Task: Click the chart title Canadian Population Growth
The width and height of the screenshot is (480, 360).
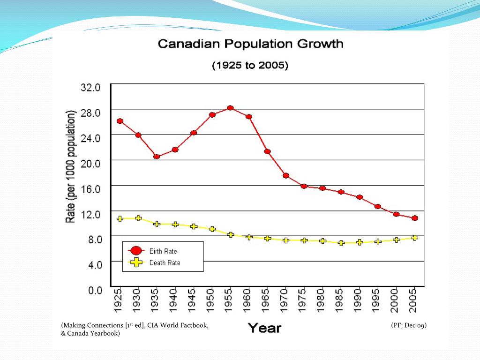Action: pos(250,45)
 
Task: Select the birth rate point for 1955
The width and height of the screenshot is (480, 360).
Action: pos(230,108)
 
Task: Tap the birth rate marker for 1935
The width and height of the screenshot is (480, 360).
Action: pos(157,157)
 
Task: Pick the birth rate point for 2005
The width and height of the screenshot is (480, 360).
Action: pos(414,218)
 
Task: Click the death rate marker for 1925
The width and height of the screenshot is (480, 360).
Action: pos(120,218)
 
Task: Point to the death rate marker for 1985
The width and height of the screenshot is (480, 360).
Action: pos(341,243)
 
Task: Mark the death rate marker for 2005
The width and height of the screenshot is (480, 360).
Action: pos(414,238)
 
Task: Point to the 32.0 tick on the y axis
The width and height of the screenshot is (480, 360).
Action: pos(91,87)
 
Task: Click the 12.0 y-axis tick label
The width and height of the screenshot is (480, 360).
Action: pos(91,214)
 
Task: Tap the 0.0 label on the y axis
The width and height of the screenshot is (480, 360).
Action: pos(95,290)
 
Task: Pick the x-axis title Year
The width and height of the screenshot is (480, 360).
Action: pos(264,328)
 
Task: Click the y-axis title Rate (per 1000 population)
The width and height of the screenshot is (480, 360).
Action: pos(72,166)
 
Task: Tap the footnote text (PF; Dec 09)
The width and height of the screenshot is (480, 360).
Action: pos(409,325)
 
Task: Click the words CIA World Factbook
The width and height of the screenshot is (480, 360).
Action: pos(178,325)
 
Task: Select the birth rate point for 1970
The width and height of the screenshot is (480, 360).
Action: pos(285,175)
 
